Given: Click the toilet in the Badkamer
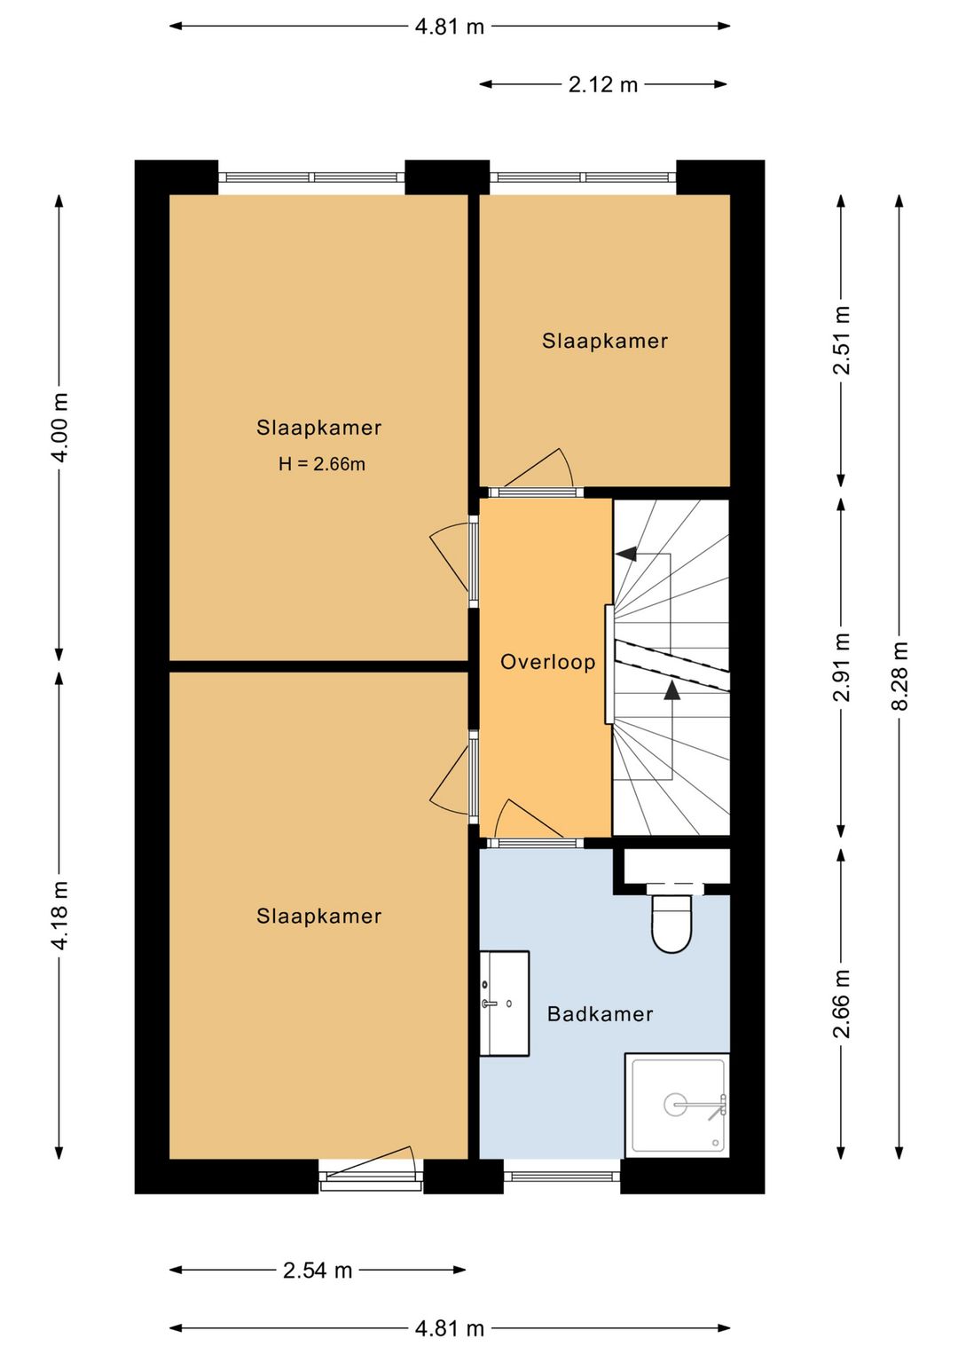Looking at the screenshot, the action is (x=671, y=923).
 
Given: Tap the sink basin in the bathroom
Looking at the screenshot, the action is (x=505, y=1004).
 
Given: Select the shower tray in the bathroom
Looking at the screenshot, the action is (x=677, y=1106).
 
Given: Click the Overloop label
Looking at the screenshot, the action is (x=547, y=662).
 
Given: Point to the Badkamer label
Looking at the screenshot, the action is (x=600, y=1013).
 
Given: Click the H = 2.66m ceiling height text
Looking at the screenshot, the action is (x=321, y=464).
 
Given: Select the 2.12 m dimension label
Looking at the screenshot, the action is (x=602, y=84).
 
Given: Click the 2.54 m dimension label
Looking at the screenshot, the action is (x=318, y=1271).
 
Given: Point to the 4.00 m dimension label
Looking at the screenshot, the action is (x=59, y=428).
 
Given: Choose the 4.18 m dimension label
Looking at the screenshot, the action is (x=59, y=915).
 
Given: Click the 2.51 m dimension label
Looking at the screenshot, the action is (x=842, y=341).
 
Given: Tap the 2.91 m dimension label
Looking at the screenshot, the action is (x=842, y=667).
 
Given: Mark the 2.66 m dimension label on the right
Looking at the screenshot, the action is (x=842, y=1004).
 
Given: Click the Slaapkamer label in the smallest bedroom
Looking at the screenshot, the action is (x=605, y=341).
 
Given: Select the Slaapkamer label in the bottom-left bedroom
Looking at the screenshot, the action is (x=319, y=917).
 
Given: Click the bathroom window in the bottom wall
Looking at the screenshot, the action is (x=562, y=1177).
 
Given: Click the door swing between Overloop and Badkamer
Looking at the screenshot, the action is (x=529, y=820).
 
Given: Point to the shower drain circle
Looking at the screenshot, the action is (x=675, y=1105).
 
